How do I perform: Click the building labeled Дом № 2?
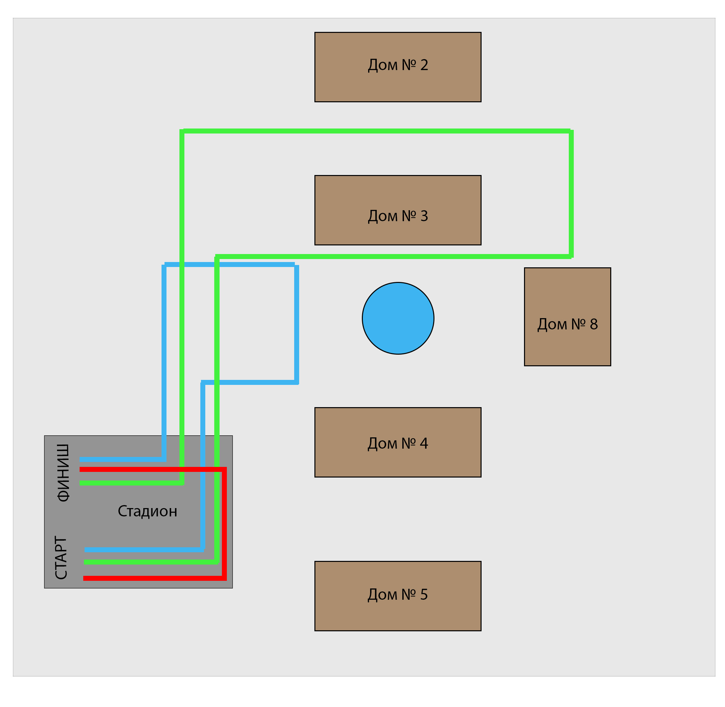[398, 67]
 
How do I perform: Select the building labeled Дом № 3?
[398, 210]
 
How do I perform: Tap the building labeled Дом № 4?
[398, 442]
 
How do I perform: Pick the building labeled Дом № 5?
[398, 596]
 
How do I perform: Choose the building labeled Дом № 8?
[567, 317]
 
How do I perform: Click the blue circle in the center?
[398, 318]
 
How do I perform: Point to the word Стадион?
[147, 511]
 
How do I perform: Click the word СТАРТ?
[61, 557]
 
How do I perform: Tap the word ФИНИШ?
[63, 473]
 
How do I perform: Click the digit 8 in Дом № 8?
[594, 324]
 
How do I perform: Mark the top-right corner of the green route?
[571, 131]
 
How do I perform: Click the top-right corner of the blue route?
[297, 265]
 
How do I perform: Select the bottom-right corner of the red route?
[224, 578]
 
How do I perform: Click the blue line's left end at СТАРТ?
[85, 550]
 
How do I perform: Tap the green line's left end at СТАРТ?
[85, 562]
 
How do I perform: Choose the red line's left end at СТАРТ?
[84, 578]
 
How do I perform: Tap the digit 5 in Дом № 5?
[424, 594]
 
